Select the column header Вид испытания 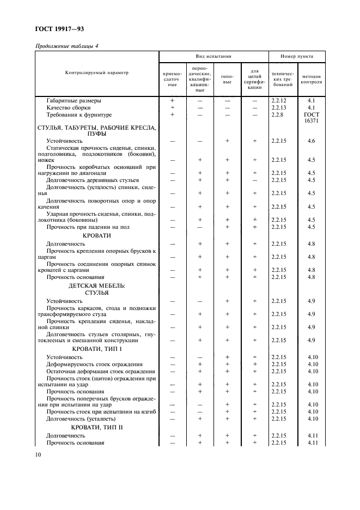[x=213, y=56]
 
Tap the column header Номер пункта [x=296, y=56]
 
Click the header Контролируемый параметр [x=97, y=73]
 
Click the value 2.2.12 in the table [x=278, y=101]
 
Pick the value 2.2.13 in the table [x=278, y=108]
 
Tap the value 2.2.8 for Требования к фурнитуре [x=277, y=115]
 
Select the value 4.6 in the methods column [x=312, y=141]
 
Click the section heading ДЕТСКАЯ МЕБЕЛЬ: [x=97, y=285]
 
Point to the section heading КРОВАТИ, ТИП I [x=97, y=348]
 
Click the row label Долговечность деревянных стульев [x=93, y=180]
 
